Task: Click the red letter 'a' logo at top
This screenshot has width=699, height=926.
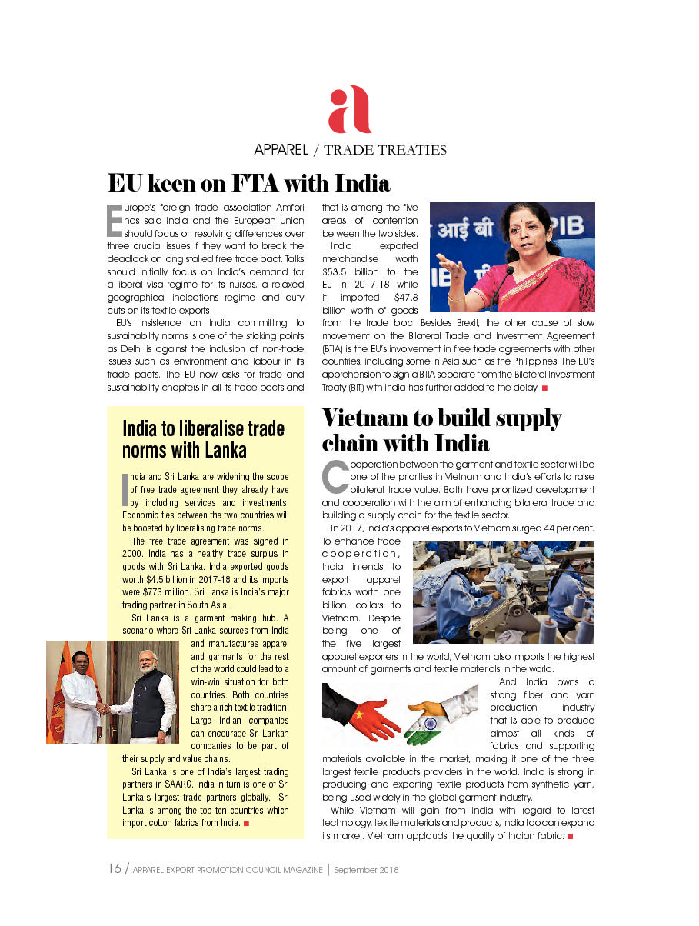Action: pyautogui.click(x=350, y=109)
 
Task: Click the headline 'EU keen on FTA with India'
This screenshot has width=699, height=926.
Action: pyautogui.click(x=248, y=184)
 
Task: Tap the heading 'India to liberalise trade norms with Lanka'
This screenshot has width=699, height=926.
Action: pyautogui.click(x=203, y=438)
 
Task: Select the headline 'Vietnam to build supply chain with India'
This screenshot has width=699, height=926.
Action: pyautogui.click(x=441, y=431)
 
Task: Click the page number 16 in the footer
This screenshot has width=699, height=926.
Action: pyautogui.click(x=114, y=869)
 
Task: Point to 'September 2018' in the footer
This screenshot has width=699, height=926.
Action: pyautogui.click(x=366, y=870)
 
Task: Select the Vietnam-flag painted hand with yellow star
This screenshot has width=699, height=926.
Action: pyautogui.click(x=361, y=711)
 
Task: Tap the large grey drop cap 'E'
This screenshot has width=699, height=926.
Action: pyautogui.click(x=114, y=219)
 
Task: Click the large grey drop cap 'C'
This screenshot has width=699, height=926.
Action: pyautogui.click(x=335, y=477)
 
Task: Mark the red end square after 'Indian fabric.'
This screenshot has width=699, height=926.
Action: pyautogui.click(x=570, y=835)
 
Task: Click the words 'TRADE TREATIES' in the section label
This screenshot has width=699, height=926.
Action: pyautogui.click(x=385, y=150)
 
